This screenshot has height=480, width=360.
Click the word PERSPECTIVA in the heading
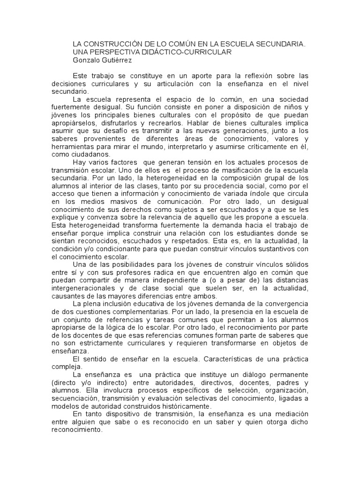coord(115,52)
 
